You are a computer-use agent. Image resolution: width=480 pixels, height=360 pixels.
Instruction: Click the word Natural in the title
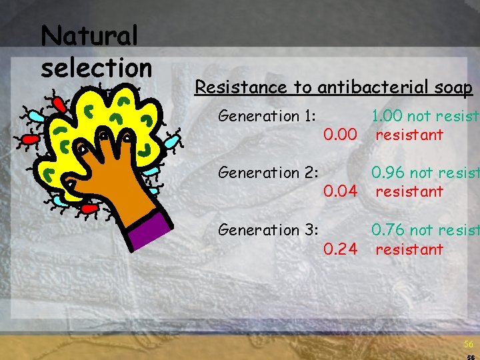[x=89, y=37]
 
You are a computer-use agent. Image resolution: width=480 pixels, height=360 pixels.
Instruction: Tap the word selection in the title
[x=97, y=67]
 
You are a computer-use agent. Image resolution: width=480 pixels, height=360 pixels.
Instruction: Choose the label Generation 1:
[x=267, y=116]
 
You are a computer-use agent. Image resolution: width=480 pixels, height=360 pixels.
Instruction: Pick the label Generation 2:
[x=267, y=173]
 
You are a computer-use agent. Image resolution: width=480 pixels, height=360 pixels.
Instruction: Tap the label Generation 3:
[x=267, y=230]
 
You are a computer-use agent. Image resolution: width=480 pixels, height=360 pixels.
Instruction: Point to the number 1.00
[x=387, y=116]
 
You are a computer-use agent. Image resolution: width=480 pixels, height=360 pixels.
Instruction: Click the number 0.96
[x=387, y=173]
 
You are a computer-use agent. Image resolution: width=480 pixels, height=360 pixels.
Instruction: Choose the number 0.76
[x=387, y=230]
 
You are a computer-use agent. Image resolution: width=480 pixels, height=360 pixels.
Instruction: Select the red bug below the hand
[x=89, y=208]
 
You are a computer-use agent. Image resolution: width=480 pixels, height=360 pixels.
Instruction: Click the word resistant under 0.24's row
[x=409, y=249]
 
